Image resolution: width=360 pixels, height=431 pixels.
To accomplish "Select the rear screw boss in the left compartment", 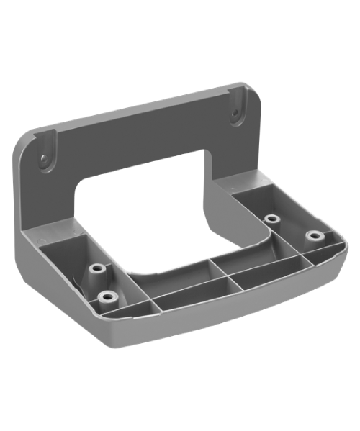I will pos(96,271).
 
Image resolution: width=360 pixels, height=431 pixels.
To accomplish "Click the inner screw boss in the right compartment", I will pos(271,219).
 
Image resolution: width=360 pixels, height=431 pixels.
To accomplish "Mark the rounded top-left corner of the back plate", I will pos(25,140).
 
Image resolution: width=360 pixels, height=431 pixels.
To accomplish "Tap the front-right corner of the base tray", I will pos(337,248).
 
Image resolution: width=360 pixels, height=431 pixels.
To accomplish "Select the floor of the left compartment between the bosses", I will pos(83,284).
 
